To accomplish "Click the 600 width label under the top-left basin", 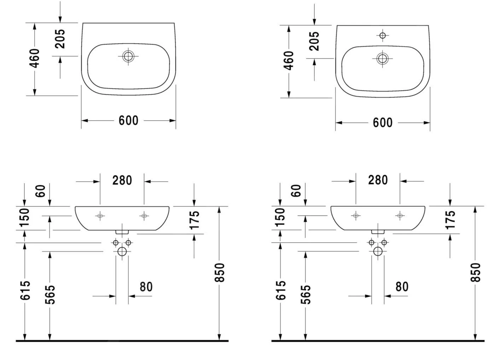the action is (x=128, y=120).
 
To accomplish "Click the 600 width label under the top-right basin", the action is (x=383, y=123).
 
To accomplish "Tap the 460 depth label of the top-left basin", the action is (x=35, y=58).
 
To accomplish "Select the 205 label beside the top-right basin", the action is (x=314, y=41).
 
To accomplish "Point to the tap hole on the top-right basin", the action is (x=383, y=35).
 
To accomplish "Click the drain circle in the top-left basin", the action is (x=128, y=56).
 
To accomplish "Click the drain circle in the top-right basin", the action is (x=383, y=59).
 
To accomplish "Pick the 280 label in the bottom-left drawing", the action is (x=122, y=180).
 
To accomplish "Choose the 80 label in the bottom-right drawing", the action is (x=402, y=287).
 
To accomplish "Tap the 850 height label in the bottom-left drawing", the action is (x=220, y=272).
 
